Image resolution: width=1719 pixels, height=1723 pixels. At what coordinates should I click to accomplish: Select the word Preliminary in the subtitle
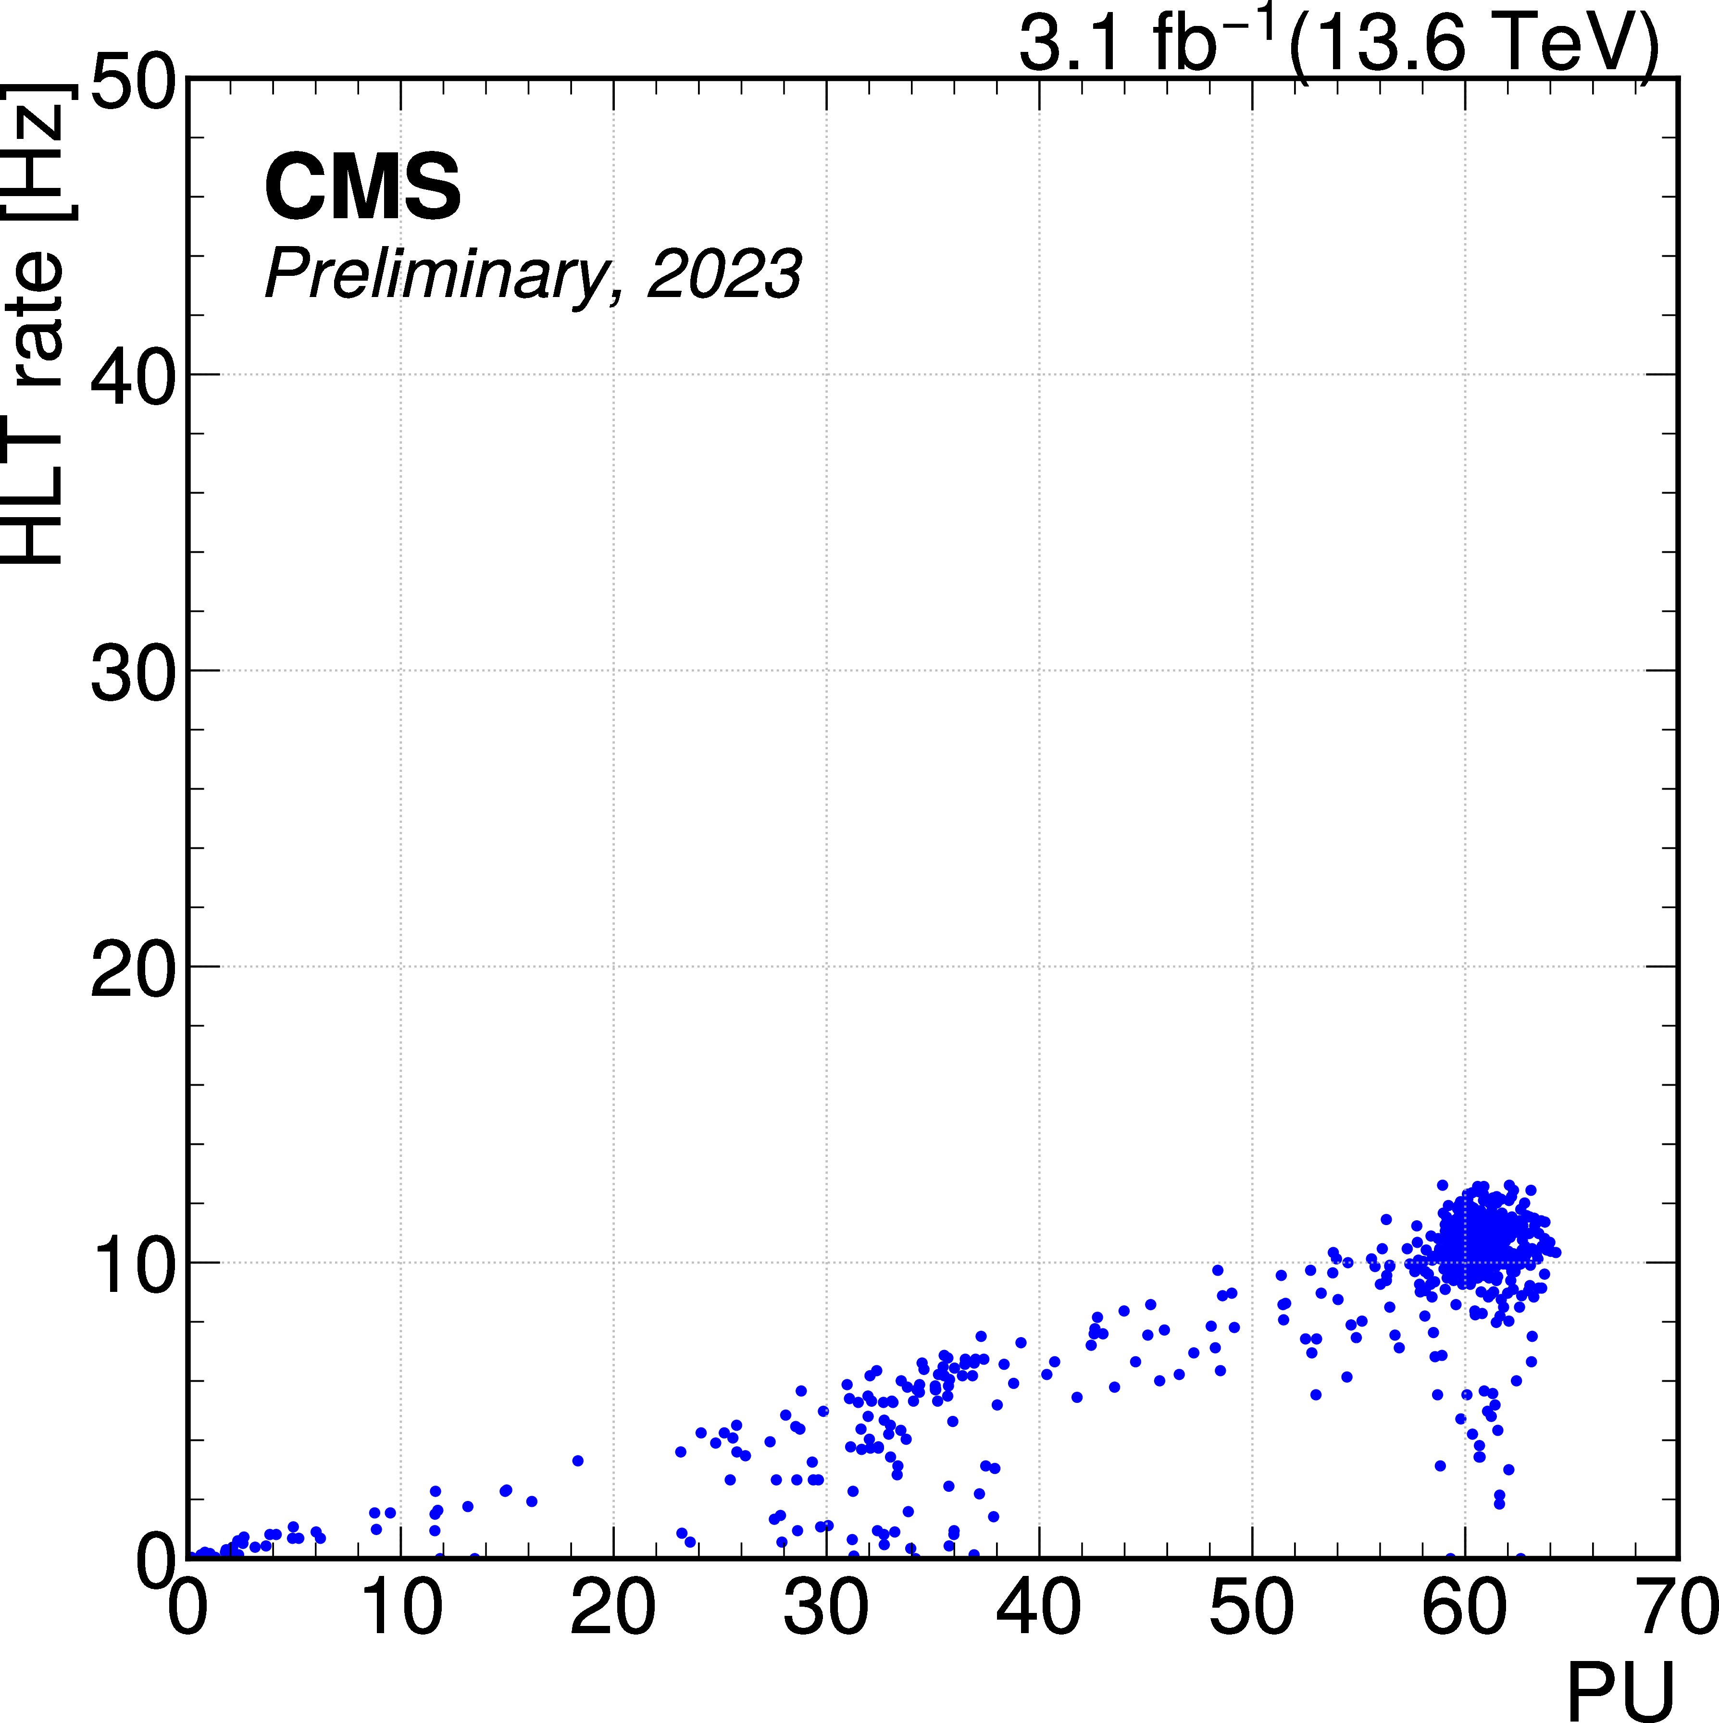[437, 275]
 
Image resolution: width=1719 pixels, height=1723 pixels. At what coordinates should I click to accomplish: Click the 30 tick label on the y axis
[132, 670]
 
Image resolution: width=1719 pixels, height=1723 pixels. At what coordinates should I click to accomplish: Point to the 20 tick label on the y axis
[132, 967]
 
